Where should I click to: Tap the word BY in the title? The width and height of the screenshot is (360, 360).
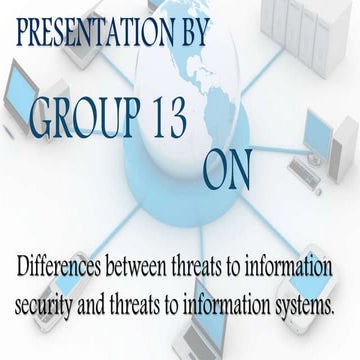pyautogui.click(x=191, y=34)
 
